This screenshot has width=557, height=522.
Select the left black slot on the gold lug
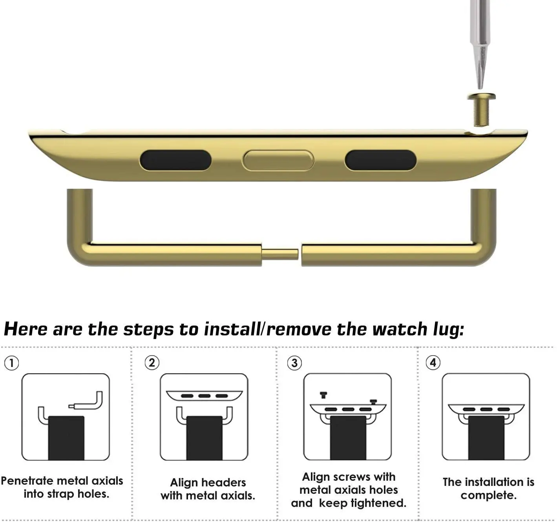click(x=175, y=160)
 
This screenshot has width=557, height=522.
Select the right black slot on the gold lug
click(x=381, y=160)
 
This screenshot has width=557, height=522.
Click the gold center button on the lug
click(x=278, y=160)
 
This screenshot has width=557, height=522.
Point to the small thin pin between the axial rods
click(x=280, y=254)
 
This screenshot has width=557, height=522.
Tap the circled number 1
click(x=11, y=363)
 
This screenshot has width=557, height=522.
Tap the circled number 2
click(x=152, y=363)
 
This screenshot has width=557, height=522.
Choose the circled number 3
click(x=294, y=363)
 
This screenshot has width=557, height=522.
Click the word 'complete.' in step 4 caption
click(x=488, y=495)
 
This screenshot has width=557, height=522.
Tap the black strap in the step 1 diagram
click(x=66, y=438)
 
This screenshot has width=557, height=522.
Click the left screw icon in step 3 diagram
click(x=323, y=395)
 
